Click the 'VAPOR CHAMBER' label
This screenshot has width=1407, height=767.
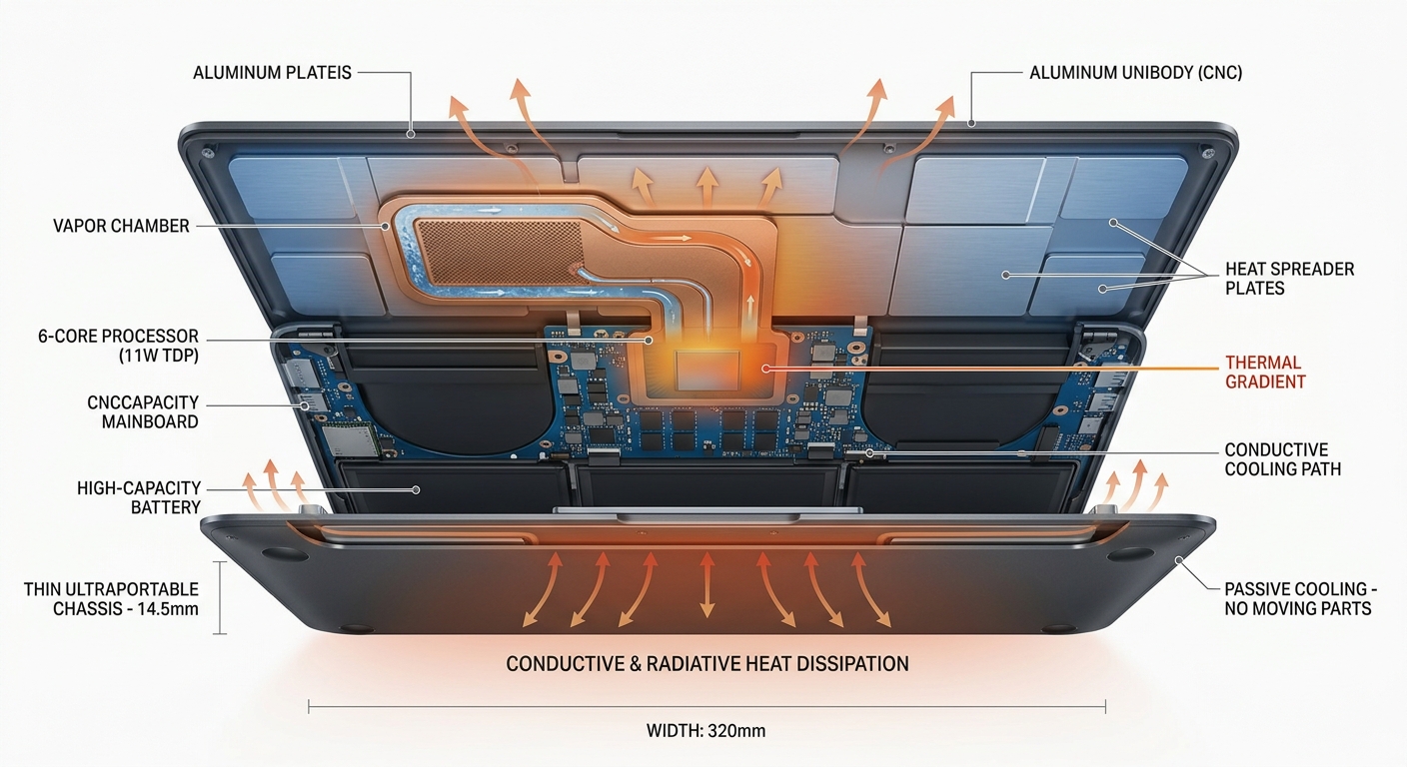tap(121, 226)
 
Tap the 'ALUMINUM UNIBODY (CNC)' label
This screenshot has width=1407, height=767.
tap(1135, 73)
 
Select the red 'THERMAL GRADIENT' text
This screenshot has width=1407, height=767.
tap(1263, 372)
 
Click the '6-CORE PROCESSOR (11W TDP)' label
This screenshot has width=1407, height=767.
tap(118, 346)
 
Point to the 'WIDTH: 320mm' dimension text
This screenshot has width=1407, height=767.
tap(705, 730)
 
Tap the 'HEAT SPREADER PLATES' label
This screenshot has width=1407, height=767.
tap(1289, 279)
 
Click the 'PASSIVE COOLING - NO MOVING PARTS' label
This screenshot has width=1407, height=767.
tap(1297, 598)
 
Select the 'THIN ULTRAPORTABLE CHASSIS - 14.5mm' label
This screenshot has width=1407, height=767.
tap(111, 598)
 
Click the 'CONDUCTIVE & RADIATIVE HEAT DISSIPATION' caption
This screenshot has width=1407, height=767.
tap(707, 664)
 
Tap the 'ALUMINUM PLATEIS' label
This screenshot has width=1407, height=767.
tap(273, 73)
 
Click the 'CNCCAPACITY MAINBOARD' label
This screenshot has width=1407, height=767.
tap(143, 411)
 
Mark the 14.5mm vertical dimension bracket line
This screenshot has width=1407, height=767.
tap(221, 597)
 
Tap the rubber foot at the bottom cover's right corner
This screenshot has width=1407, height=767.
tap(1130, 553)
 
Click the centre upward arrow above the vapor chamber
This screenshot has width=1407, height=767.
tap(706, 187)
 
